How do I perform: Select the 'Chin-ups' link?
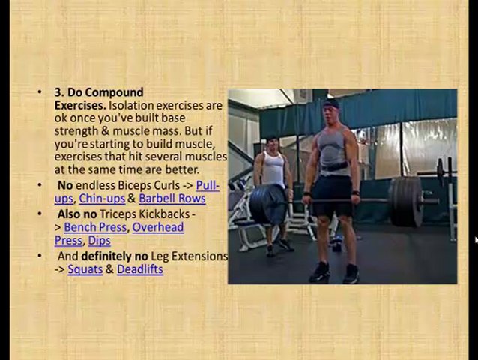pyautogui.click(x=101, y=199)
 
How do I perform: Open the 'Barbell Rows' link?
pyautogui.click(x=172, y=199)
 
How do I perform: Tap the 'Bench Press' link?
pyautogui.click(x=95, y=227)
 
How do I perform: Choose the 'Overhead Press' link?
pyautogui.click(x=157, y=227)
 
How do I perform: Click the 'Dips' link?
pyautogui.click(x=99, y=241)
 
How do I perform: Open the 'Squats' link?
pyautogui.click(x=85, y=269)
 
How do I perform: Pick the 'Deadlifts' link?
pyautogui.click(x=139, y=269)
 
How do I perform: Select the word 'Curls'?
pyautogui.click(x=163, y=185)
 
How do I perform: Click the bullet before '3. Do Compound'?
pyautogui.click(x=40, y=92)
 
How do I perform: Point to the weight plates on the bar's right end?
pyautogui.click(x=407, y=201)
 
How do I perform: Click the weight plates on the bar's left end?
pyautogui.click(x=267, y=205)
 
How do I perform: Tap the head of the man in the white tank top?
pyautogui.click(x=272, y=143)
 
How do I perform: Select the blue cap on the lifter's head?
pyautogui.click(x=330, y=103)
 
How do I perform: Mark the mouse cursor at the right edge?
pyautogui.click(x=476, y=240)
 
